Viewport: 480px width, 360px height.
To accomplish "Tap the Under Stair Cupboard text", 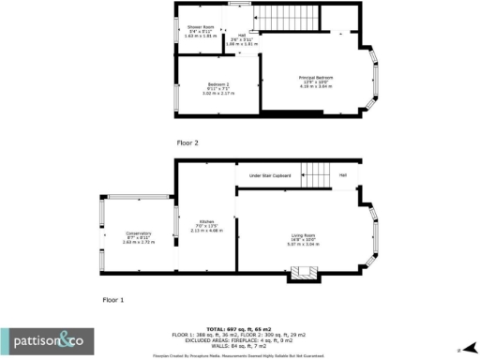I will point(269,176).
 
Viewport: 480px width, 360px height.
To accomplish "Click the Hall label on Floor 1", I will point(343,175).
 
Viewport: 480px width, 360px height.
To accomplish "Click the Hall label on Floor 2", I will point(241,36).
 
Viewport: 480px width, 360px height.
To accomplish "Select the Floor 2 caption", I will point(187,142).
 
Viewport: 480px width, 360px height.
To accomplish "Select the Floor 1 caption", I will point(113,299).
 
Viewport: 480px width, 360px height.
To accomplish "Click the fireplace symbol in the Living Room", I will point(303,273).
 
